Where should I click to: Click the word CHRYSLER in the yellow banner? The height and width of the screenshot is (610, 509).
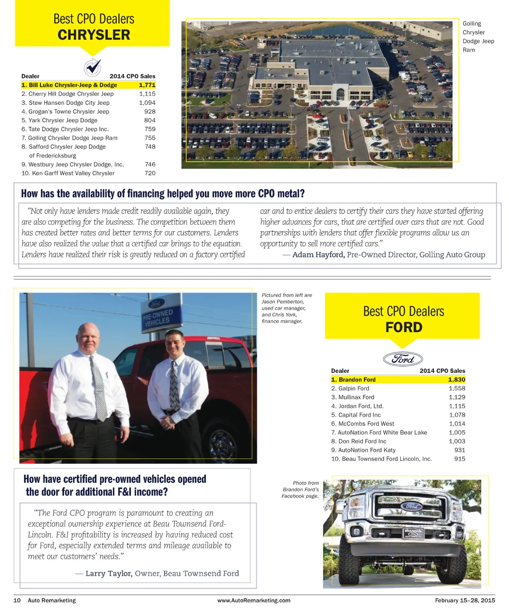pos(94,35)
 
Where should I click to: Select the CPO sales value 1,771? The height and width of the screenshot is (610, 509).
pos(147,85)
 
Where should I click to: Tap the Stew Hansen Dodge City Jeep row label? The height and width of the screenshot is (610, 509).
pos(65,103)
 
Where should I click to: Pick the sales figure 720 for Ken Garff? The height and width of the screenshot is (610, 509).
pos(150,174)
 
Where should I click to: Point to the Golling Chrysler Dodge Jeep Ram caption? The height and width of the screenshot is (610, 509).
pos(478,37)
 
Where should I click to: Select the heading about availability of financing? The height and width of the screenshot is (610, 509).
pos(163,193)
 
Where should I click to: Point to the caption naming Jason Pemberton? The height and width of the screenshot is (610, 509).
pos(287,308)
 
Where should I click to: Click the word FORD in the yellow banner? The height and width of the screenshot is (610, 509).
pos(404,328)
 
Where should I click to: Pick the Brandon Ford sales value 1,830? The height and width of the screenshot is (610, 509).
pos(456,380)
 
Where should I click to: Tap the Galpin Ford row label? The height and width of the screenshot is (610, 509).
pos(350,389)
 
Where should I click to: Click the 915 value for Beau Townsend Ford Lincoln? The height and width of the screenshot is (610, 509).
pos(460,459)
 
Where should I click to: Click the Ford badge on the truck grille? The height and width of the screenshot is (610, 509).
pos(411,506)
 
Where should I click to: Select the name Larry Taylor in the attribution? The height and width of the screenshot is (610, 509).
pos(109,574)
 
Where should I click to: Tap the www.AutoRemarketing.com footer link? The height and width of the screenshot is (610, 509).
pos(254,601)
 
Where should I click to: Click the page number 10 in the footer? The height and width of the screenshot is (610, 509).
pos(17,601)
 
